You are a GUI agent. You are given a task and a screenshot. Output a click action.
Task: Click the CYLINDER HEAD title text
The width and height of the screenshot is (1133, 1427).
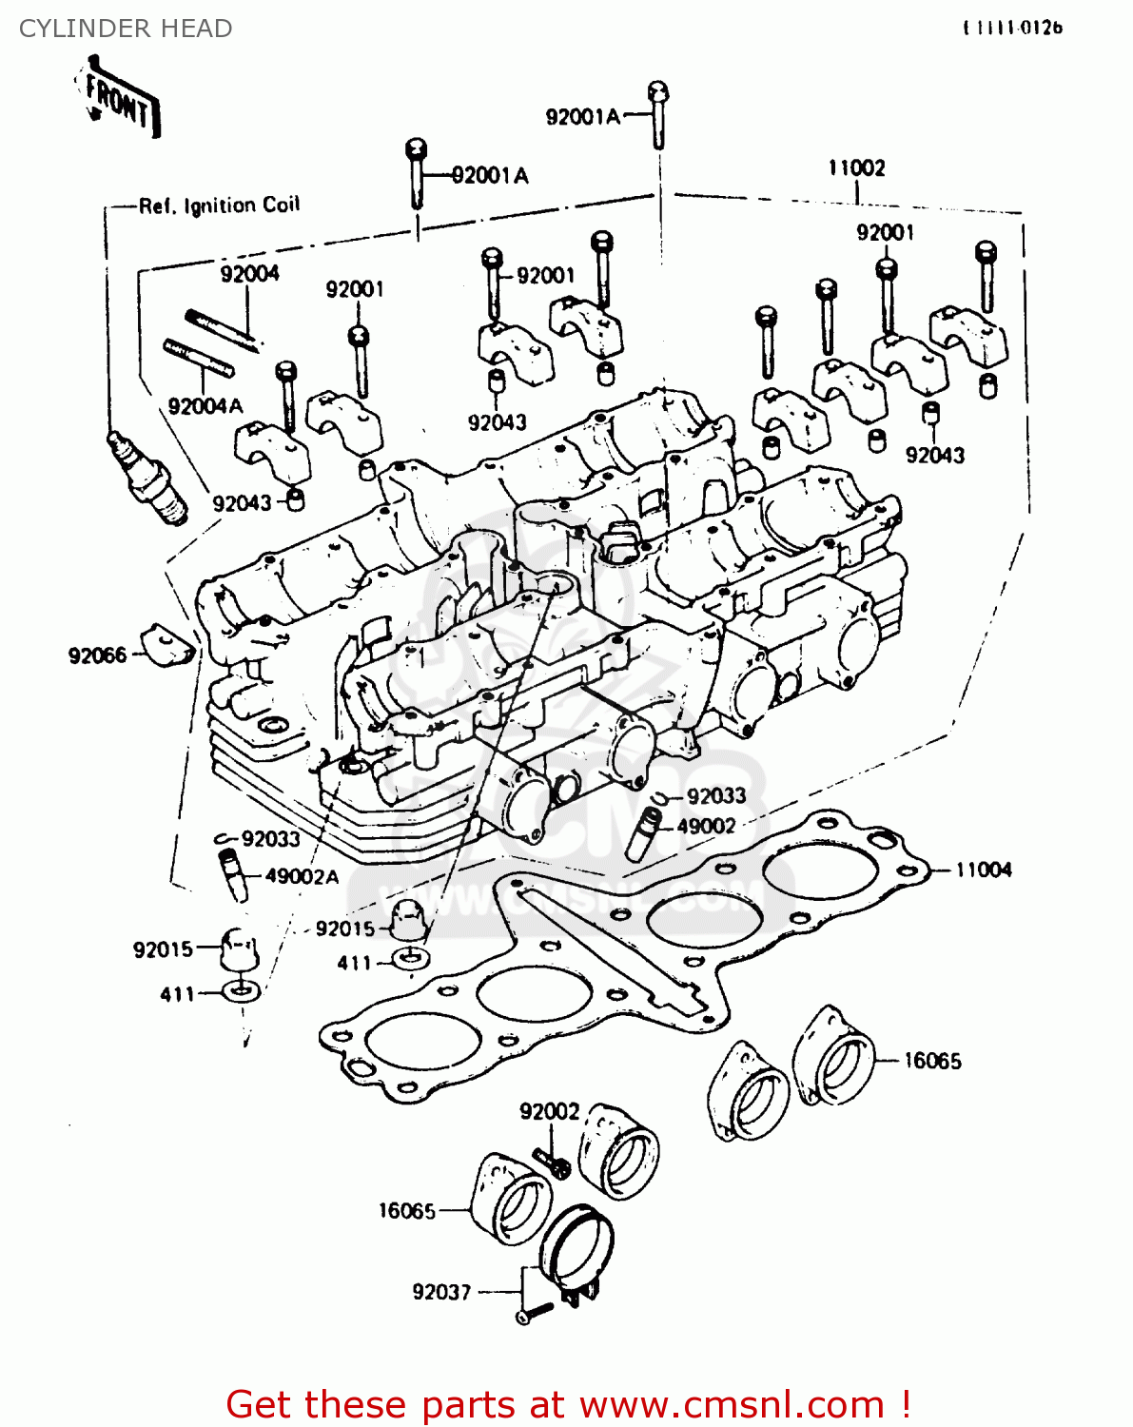click(126, 29)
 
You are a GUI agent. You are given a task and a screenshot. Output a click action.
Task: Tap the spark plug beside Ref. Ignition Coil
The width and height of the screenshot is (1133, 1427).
click(147, 475)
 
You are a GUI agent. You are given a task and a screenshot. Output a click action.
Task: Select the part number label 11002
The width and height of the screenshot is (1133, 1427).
click(856, 168)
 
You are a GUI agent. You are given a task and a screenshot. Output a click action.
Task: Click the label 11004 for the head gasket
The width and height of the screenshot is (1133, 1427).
click(984, 870)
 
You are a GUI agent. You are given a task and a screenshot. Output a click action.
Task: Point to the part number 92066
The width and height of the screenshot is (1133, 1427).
click(97, 655)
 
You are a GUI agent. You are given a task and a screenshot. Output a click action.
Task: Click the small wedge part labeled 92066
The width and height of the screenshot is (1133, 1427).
click(167, 647)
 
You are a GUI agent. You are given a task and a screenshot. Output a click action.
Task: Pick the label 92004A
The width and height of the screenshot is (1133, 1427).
click(205, 406)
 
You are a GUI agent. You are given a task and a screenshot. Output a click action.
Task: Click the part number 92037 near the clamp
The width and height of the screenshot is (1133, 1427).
click(441, 1292)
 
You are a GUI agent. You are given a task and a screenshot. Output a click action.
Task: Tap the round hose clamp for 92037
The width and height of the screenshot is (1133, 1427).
click(576, 1246)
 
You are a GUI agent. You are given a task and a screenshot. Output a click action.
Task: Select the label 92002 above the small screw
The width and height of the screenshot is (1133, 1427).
click(549, 1111)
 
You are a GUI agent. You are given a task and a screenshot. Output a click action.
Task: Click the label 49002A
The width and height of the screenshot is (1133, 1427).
click(302, 876)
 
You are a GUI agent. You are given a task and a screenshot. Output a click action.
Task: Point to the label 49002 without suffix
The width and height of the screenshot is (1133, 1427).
click(706, 826)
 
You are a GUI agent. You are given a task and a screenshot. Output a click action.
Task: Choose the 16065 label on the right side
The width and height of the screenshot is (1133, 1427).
click(932, 1061)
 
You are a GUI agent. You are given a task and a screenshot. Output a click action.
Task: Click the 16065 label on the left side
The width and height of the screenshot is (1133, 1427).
click(407, 1211)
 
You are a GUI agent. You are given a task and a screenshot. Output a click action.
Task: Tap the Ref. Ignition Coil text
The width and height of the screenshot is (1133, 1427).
click(219, 205)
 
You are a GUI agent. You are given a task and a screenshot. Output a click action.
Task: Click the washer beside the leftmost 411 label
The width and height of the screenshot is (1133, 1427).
click(238, 993)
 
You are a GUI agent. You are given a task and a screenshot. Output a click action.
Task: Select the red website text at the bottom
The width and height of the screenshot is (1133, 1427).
click(568, 1404)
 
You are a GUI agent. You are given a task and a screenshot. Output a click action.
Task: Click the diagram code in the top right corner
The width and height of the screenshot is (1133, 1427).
click(1012, 29)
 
